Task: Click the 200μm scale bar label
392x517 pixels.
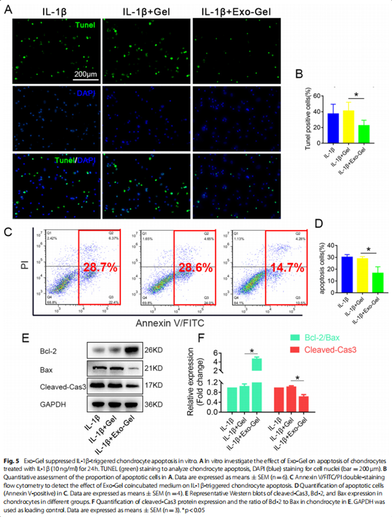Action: pyautogui.click(x=86, y=74)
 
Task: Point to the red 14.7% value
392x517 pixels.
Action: pyautogui.click(x=287, y=268)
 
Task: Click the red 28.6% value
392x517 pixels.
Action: pyautogui.click(x=196, y=268)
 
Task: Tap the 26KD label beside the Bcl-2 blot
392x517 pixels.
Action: pyautogui.click(x=154, y=350)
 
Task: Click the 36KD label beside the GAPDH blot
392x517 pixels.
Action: pyautogui.click(x=154, y=405)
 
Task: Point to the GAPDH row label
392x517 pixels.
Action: pyautogui.click(x=53, y=405)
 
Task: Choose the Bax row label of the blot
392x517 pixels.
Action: pyautogui.click(x=46, y=370)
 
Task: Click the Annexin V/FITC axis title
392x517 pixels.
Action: pyautogui.click(x=170, y=323)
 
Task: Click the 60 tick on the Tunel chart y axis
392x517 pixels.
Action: pyautogui.click(x=317, y=96)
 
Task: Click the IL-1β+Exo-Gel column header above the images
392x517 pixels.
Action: pyautogui.click(x=236, y=12)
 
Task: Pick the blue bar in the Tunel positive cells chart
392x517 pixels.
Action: pyautogui.click(x=333, y=128)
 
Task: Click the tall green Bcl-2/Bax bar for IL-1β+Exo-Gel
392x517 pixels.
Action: pyautogui.click(x=257, y=386)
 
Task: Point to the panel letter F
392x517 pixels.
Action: pyautogui.click(x=201, y=337)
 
